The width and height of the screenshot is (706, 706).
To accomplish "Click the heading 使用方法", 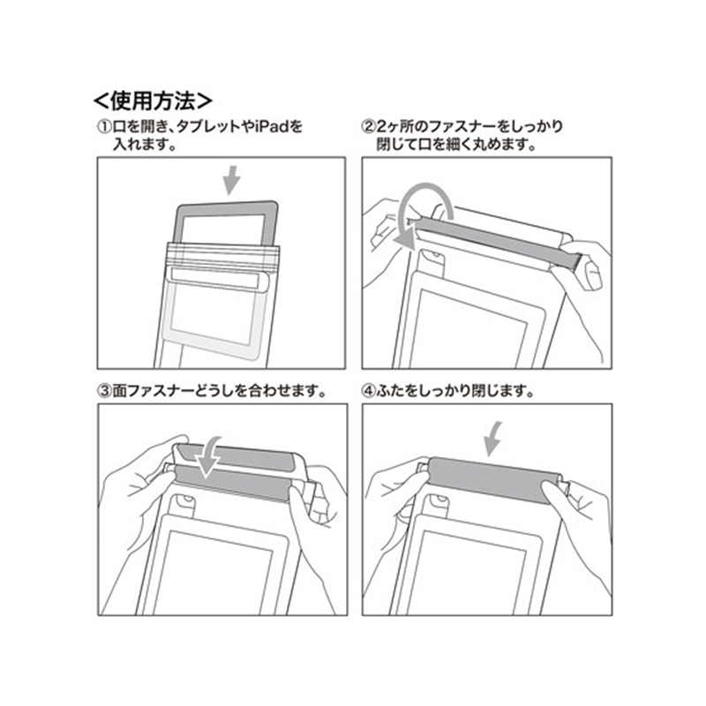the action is tap(153, 101).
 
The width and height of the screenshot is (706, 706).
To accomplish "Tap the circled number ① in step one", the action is tap(104, 126).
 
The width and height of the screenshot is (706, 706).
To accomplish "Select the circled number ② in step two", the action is tap(369, 126).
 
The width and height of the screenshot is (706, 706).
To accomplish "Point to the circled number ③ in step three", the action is tap(104, 390).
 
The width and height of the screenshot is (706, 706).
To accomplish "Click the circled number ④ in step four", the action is tap(369, 390).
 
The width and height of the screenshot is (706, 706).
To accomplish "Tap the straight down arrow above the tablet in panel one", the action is tap(232, 180).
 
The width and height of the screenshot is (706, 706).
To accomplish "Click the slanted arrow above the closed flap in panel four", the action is tap(493, 438).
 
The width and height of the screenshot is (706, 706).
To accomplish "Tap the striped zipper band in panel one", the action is tap(224, 257).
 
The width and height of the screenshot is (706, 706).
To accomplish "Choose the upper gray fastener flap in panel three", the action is tap(234, 456).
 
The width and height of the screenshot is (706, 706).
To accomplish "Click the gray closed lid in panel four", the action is tap(494, 481).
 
